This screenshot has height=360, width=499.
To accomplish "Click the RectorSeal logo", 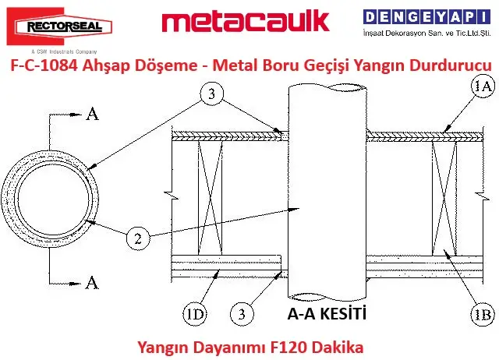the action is [59, 26].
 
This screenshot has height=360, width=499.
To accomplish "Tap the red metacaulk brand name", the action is [246, 21].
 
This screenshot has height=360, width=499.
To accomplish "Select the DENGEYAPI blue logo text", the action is [426, 17].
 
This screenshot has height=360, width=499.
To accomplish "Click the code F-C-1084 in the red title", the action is [44, 65].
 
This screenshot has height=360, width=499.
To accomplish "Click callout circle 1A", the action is [483, 86].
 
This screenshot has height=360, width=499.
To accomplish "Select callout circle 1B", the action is [483, 314].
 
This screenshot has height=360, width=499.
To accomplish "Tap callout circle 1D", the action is [194, 314].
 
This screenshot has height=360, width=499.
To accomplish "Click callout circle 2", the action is [138, 238].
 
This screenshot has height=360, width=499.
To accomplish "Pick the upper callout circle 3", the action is [211, 94].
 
